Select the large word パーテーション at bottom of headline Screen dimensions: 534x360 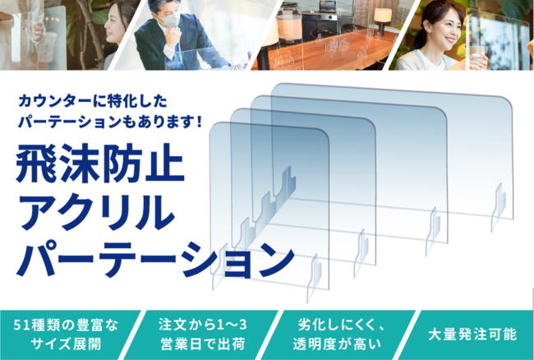155,259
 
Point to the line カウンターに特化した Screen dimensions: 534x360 93,101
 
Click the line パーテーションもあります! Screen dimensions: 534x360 110,122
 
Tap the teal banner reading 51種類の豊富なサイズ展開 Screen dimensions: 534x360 67,335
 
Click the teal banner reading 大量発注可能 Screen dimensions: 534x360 472,335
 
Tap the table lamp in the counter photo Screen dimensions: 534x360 383,20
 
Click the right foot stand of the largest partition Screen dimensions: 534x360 498,208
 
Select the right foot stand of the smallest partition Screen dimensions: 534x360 314,279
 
